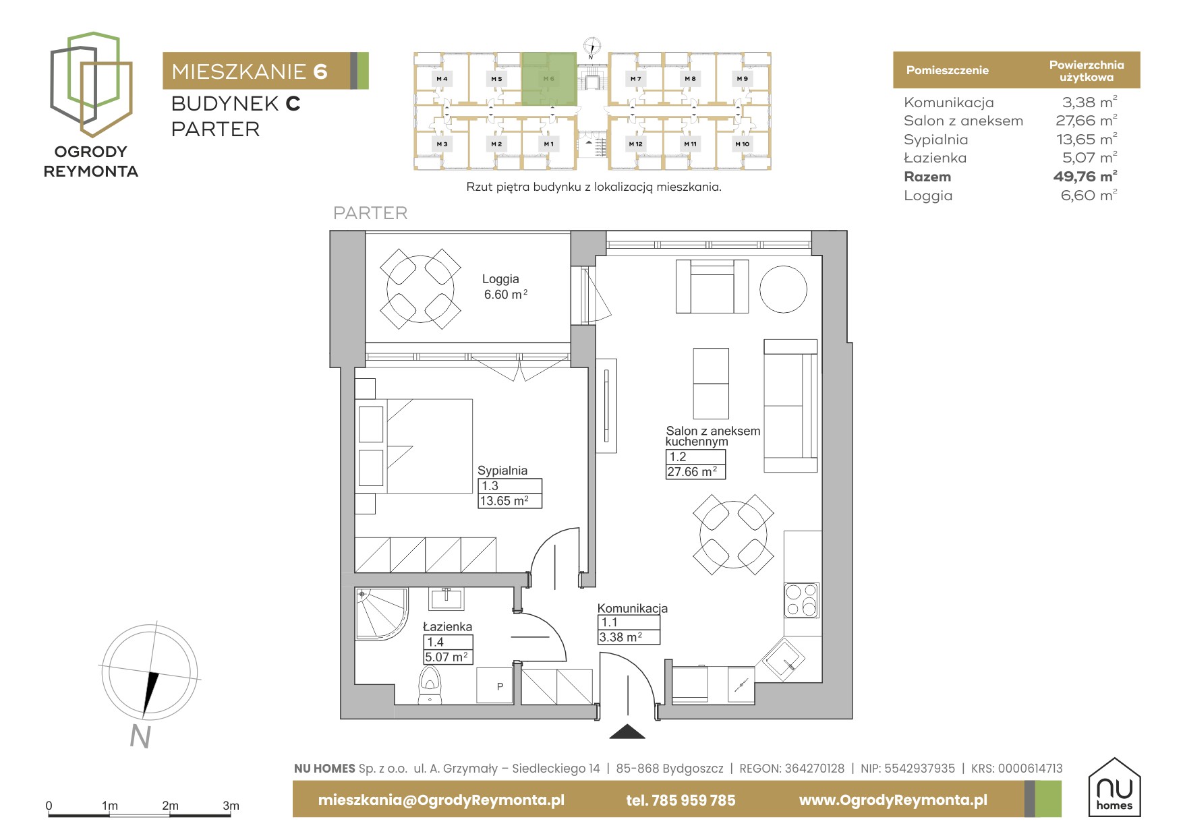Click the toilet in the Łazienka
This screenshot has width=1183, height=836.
(x=430, y=685)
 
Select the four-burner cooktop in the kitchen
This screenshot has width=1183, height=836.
(x=801, y=600)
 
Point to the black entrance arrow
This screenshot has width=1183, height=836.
(x=627, y=731)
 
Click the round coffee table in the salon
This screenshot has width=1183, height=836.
(x=783, y=289)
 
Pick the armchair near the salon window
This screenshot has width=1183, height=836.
(x=712, y=287)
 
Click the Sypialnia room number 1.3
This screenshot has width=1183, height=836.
(x=490, y=485)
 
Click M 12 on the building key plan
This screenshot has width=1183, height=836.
(x=635, y=144)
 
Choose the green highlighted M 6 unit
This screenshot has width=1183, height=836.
(x=549, y=79)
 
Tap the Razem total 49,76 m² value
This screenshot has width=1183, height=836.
(x=1085, y=177)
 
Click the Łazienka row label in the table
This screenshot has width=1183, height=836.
(x=935, y=158)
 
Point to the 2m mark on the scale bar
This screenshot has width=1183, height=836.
(x=170, y=806)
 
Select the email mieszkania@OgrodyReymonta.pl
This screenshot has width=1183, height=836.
(x=441, y=800)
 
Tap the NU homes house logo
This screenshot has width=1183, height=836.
(x=1114, y=787)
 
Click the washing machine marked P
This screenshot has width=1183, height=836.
(x=499, y=686)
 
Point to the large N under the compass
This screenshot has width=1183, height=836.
(x=140, y=737)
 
